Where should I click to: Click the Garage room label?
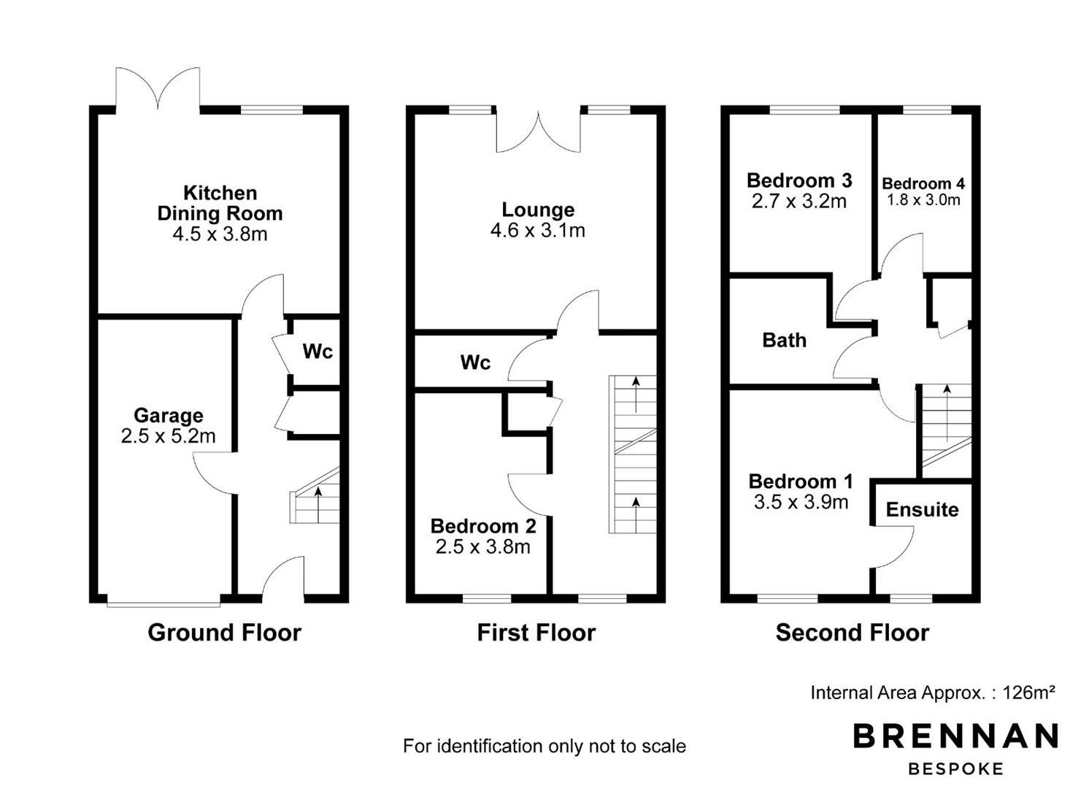168,416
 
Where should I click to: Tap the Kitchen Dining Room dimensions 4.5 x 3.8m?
220,234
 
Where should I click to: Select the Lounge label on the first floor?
538,210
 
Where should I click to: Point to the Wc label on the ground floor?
318,351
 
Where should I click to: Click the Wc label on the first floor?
475,362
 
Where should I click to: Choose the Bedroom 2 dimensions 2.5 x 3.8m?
482,547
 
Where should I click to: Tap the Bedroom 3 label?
799,180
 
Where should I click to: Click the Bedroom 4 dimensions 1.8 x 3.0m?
923,200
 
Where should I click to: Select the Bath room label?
784,340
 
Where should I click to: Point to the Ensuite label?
923,510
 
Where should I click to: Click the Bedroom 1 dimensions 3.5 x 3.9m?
801,503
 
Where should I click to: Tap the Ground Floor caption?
224,633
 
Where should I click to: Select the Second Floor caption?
853,633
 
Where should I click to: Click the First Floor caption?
536,633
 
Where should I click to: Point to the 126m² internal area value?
1028,692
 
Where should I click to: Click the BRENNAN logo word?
955,736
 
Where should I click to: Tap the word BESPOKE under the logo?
955,769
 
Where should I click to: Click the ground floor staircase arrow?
318,504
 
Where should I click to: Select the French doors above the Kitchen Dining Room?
158,88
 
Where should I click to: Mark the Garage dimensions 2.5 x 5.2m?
168,436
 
